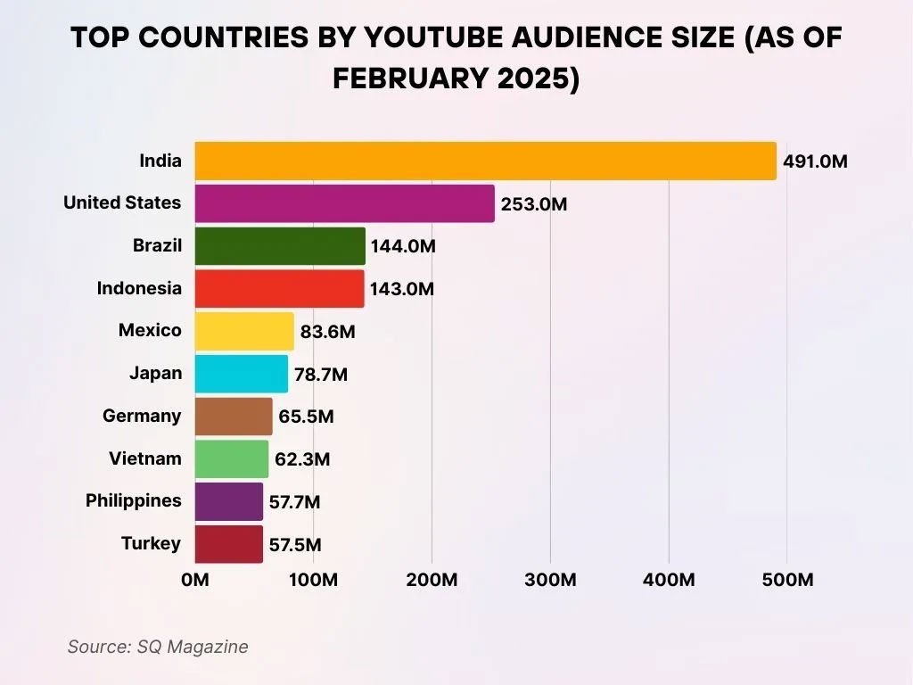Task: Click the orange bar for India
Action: click(485, 161)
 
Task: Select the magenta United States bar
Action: click(344, 203)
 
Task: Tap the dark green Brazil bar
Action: click(280, 246)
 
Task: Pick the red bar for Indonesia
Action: click(279, 288)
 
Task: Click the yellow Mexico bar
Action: click(244, 331)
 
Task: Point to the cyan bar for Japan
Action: click(242, 374)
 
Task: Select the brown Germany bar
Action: click(234, 416)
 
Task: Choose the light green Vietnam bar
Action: click(232, 458)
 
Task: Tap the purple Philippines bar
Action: click(229, 501)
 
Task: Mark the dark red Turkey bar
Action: click(229, 544)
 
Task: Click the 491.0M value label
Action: click(815, 161)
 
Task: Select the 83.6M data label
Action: click(327, 332)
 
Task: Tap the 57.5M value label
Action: click(294, 545)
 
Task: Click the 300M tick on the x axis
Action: click(550, 580)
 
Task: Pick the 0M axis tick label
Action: click(195, 580)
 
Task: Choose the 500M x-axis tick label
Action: click(787, 580)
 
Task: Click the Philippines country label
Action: click(133, 500)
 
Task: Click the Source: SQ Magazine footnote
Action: click(158, 647)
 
